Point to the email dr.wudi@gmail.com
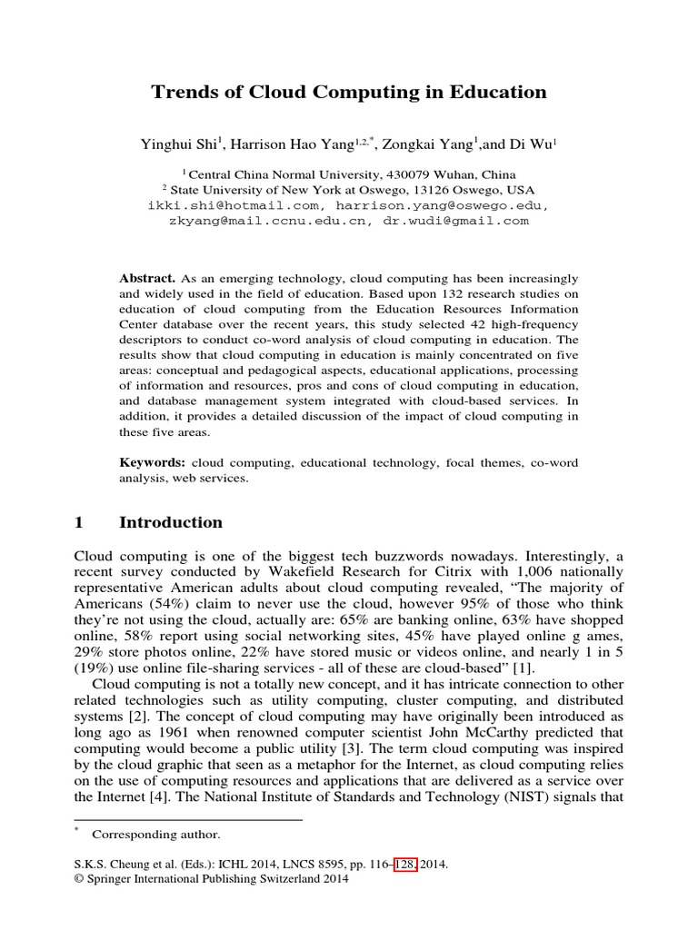tap(455, 221)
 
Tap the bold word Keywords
tap(153, 462)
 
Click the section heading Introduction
tap(171, 522)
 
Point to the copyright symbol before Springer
tap(78, 879)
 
